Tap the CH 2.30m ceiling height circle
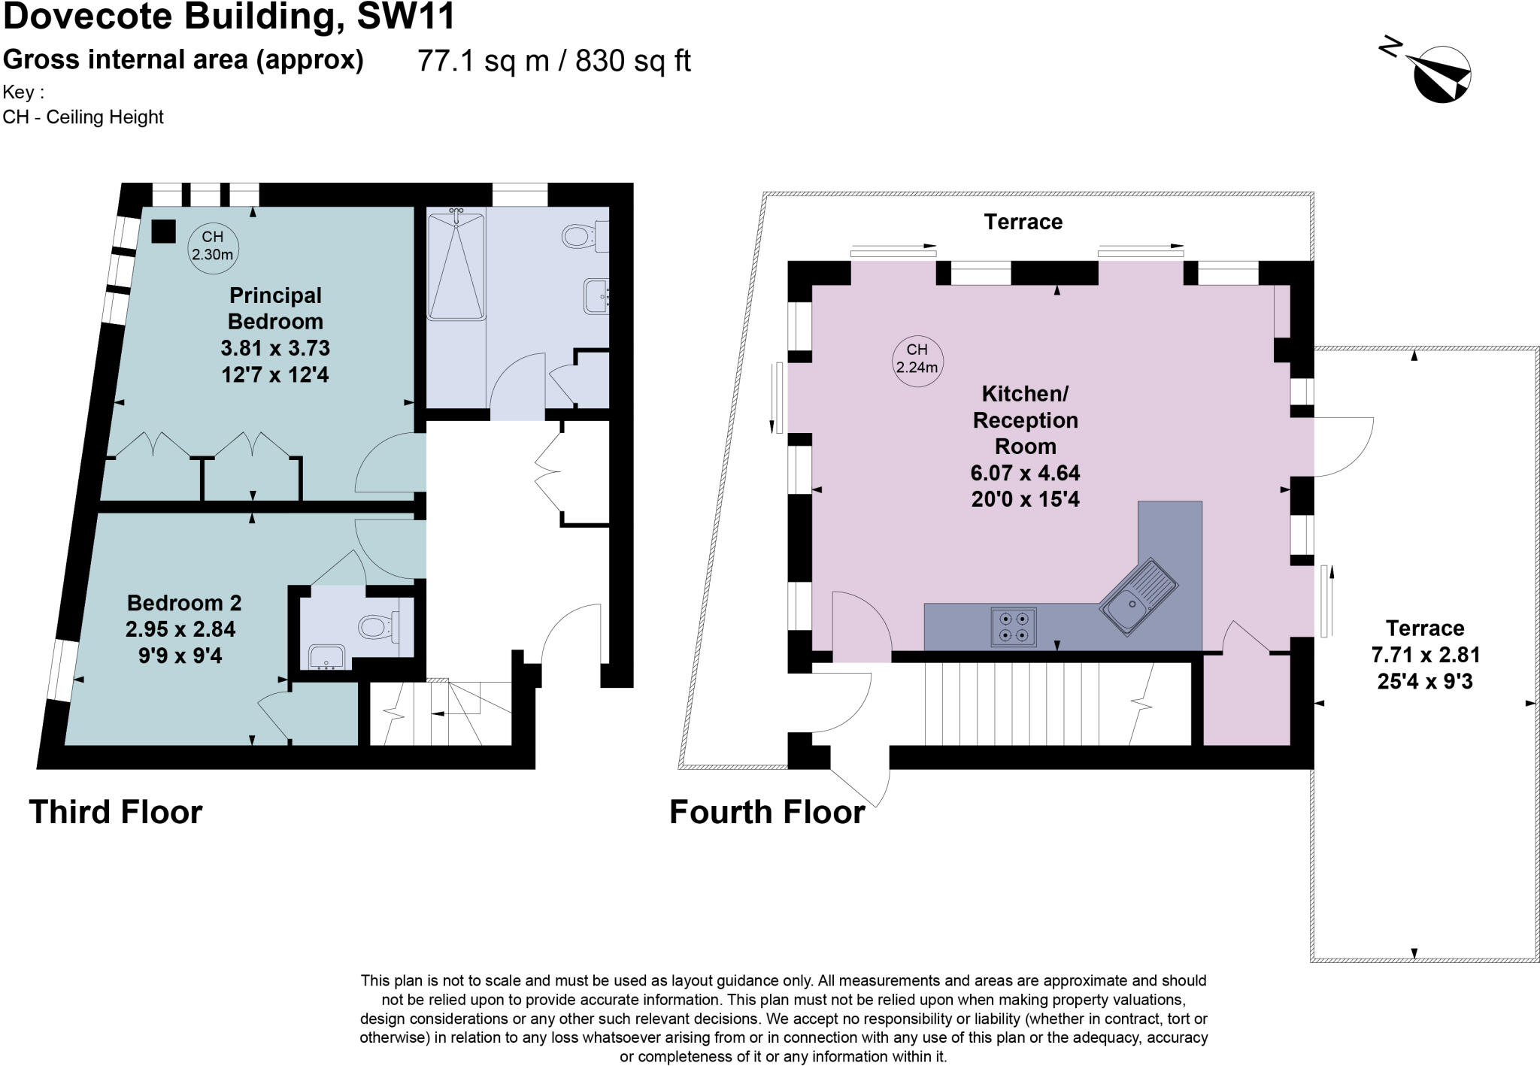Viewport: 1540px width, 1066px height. click(212, 246)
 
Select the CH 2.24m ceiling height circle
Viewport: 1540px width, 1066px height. click(917, 359)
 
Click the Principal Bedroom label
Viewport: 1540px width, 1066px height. click(275, 308)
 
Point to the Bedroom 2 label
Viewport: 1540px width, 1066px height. click(184, 603)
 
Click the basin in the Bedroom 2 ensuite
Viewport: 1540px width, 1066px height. click(327, 657)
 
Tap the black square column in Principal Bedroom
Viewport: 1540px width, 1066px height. click(163, 231)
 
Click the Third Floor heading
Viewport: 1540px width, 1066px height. click(116, 813)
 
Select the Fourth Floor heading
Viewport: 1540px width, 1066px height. click(767, 813)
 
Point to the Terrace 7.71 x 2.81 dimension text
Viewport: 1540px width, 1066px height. click(1425, 655)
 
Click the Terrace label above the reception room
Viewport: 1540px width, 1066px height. click(1023, 222)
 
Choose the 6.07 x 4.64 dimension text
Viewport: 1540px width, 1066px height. click(1025, 473)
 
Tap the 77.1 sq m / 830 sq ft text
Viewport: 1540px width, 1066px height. click(553, 61)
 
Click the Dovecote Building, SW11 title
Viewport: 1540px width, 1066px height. click(229, 17)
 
